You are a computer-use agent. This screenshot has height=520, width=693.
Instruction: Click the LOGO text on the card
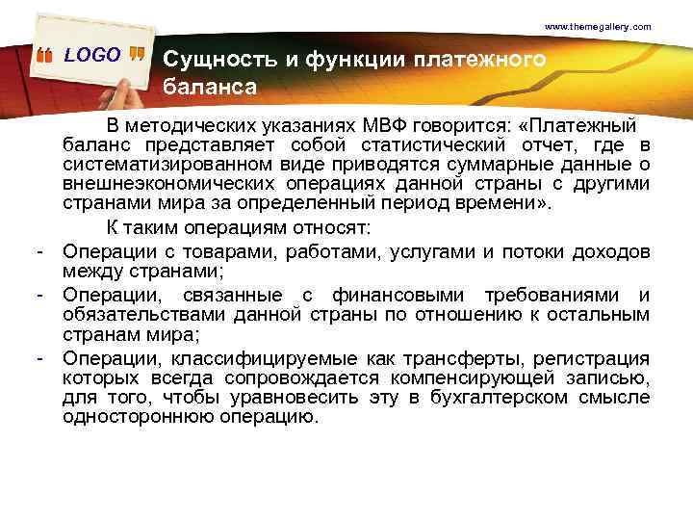[92, 55]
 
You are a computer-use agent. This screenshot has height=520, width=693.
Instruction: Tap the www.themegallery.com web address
[598, 27]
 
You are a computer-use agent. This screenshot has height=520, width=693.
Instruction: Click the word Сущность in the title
[218, 60]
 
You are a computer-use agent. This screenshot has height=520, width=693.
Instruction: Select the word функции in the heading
[347, 60]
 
